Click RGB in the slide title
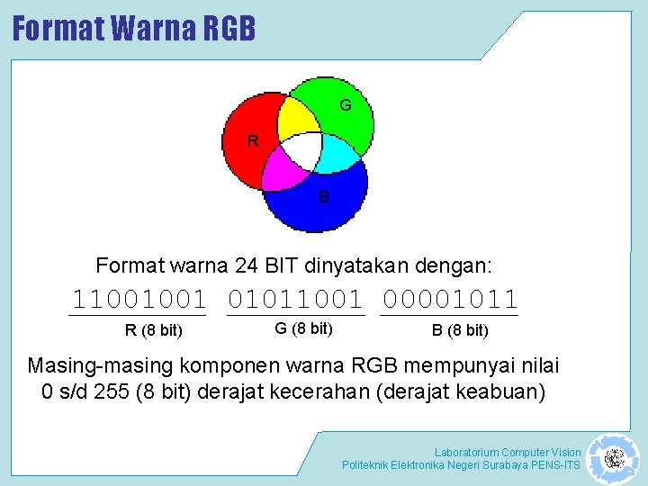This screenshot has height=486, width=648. [x=229, y=29]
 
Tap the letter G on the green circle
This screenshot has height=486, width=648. [x=345, y=105]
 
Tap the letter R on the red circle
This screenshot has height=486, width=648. [x=253, y=140]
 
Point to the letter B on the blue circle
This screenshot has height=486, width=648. [x=323, y=195]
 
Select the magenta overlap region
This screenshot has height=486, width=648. [x=283, y=168]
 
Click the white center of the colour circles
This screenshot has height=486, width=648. [x=303, y=150]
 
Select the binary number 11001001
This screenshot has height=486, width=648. [x=139, y=298]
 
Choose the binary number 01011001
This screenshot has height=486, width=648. [x=296, y=298]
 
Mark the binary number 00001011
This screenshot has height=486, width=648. [x=451, y=298]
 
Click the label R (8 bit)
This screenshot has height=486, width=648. [x=153, y=330]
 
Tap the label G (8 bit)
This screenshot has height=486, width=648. [x=303, y=328]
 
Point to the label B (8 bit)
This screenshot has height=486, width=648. [x=460, y=330]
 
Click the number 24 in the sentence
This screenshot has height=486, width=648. [x=247, y=265]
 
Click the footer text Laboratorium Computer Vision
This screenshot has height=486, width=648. [x=508, y=452]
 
